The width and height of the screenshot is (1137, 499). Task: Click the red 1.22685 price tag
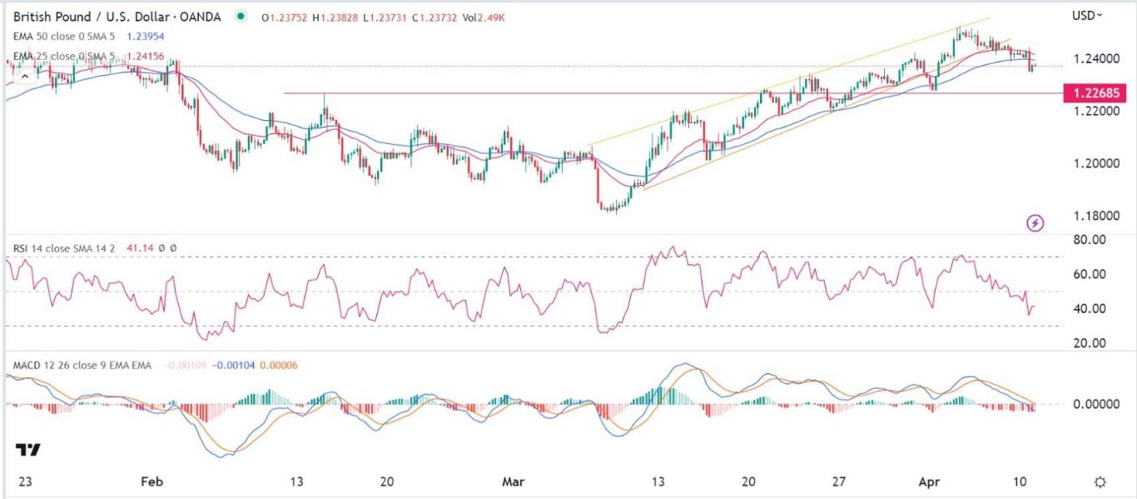pos(1095,93)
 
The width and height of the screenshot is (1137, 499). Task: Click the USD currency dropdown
pos(1087,15)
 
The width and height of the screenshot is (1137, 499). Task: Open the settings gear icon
pos(1100,482)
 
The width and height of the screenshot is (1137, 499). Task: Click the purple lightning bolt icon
pos(1035,223)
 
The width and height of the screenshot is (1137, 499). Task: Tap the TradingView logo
pos(28,450)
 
